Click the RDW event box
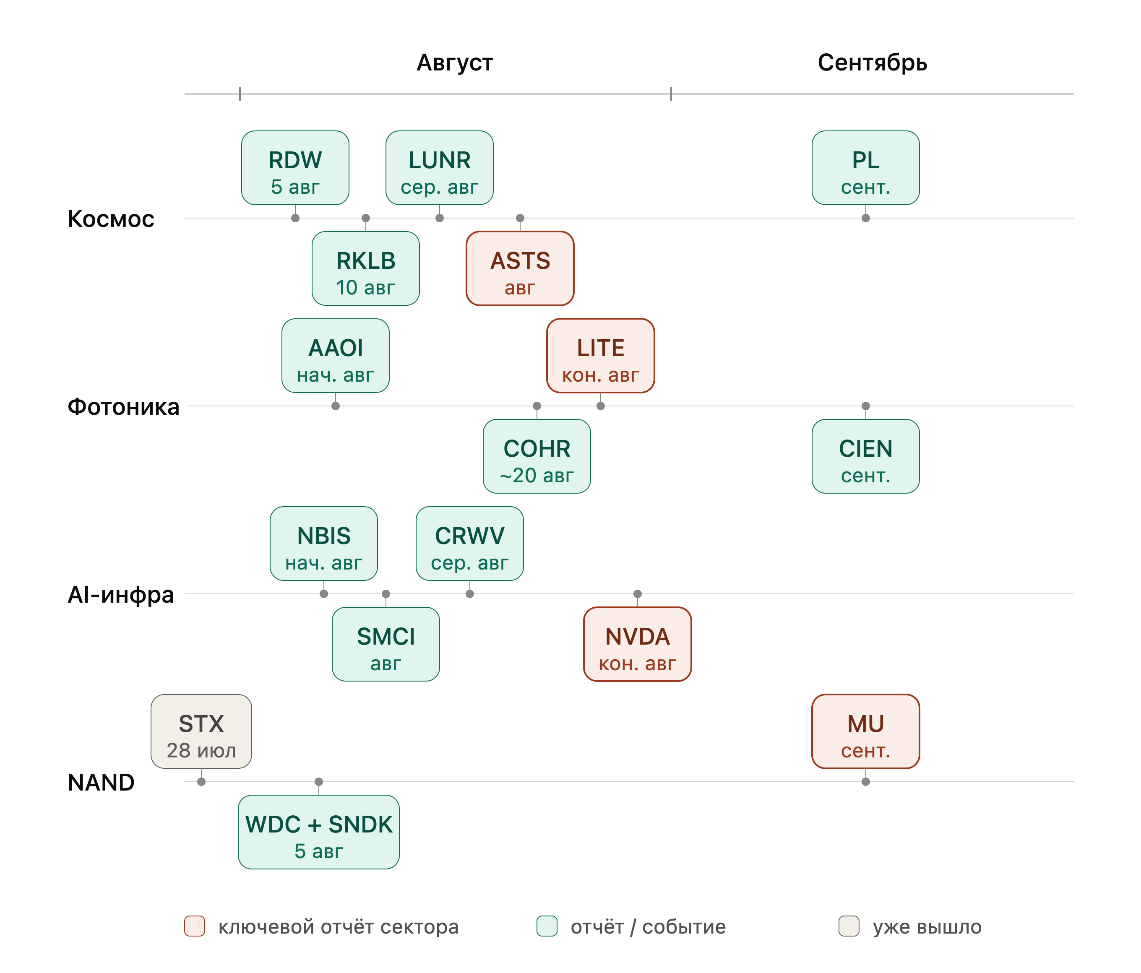pos(295,168)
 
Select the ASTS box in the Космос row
pos(520,268)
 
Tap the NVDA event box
pos(637,644)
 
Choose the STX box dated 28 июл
pos(201,731)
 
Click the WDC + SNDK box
pos(318,832)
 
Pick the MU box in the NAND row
pos(866,731)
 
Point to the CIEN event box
pos(866,456)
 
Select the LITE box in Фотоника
pos(600,356)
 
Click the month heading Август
pos(454,62)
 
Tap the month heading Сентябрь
pos(872,62)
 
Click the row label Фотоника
pos(123,407)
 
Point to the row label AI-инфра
pos(120,595)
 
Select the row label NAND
pos(101,783)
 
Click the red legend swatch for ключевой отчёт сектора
pos(194,926)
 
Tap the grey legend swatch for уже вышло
pos(849,926)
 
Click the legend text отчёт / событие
pos(648,927)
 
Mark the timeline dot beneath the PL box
pos(866,218)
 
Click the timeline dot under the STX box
pos(201,782)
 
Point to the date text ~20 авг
pos(537,475)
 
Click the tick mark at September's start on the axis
pos(671,94)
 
